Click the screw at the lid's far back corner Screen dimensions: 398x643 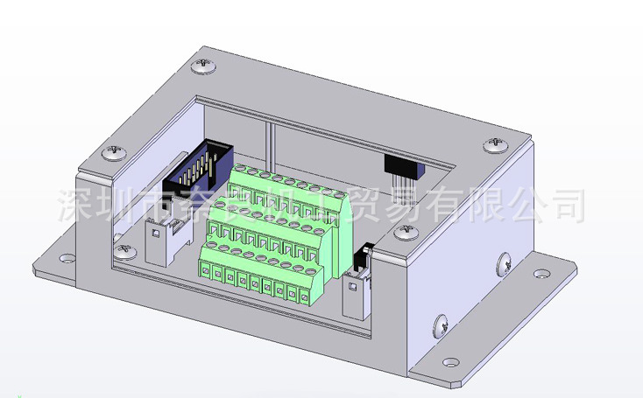click(208, 64)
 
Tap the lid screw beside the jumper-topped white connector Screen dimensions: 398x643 click(405, 232)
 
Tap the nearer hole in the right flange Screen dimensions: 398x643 click(451, 360)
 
